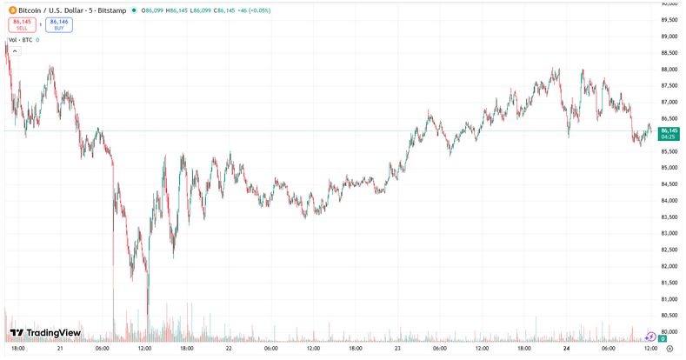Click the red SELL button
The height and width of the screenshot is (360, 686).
pyautogui.click(x=22, y=24)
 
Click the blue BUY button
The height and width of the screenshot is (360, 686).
pyautogui.click(x=59, y=24)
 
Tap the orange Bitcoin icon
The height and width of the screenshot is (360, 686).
pyautogui.click(x=11, y=10)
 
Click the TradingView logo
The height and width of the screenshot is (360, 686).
pyautogui.click(x=44, y=333)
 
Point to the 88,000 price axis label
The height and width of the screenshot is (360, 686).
pyautogui.click(x=669, y=70)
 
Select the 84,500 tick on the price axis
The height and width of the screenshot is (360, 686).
pyautogui.click(x=669, y=184)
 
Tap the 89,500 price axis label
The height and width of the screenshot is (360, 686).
pyautogui.click(x=669, y=20)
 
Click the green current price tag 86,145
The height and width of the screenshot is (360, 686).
pyautogui.click(x=669, y=130)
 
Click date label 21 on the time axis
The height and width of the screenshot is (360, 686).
pyautogui.click(x=60, y=348)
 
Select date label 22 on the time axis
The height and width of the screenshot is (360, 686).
pyautogui.click(x=228, y=348)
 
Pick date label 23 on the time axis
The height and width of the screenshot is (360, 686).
pyautogui.click(x=396, y=348)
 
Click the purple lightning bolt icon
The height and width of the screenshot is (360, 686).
pyautogui.click(x=650, y=337)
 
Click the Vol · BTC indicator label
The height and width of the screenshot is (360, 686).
pyautogui.click(x=21, y=40)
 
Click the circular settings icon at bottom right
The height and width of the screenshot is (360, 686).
pyautogui.click(x=669, y=348)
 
